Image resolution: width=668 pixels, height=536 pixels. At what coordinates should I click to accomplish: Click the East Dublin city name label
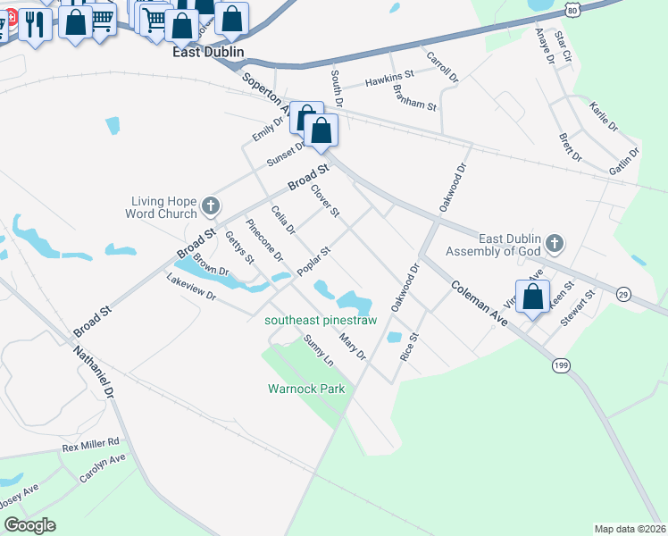coord(207,53)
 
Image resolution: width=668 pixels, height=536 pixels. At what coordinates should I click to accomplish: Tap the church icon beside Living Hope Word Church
coord(211,207)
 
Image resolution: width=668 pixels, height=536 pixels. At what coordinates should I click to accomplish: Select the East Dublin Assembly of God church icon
coord(555,243)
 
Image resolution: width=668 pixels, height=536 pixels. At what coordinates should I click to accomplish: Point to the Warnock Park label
coord(306,389)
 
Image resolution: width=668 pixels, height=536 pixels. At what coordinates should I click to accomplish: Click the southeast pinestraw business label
coord(321,320)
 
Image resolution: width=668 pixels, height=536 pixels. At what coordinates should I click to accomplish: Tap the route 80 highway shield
coord(571,8)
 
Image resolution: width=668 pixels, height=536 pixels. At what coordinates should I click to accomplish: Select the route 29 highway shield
coord(623,294)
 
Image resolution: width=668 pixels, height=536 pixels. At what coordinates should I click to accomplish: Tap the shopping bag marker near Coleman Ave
coord(532,297)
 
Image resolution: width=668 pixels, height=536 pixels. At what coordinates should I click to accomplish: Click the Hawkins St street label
coord(389,81)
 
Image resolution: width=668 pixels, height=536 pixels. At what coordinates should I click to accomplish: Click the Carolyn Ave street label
coord(103,468)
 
